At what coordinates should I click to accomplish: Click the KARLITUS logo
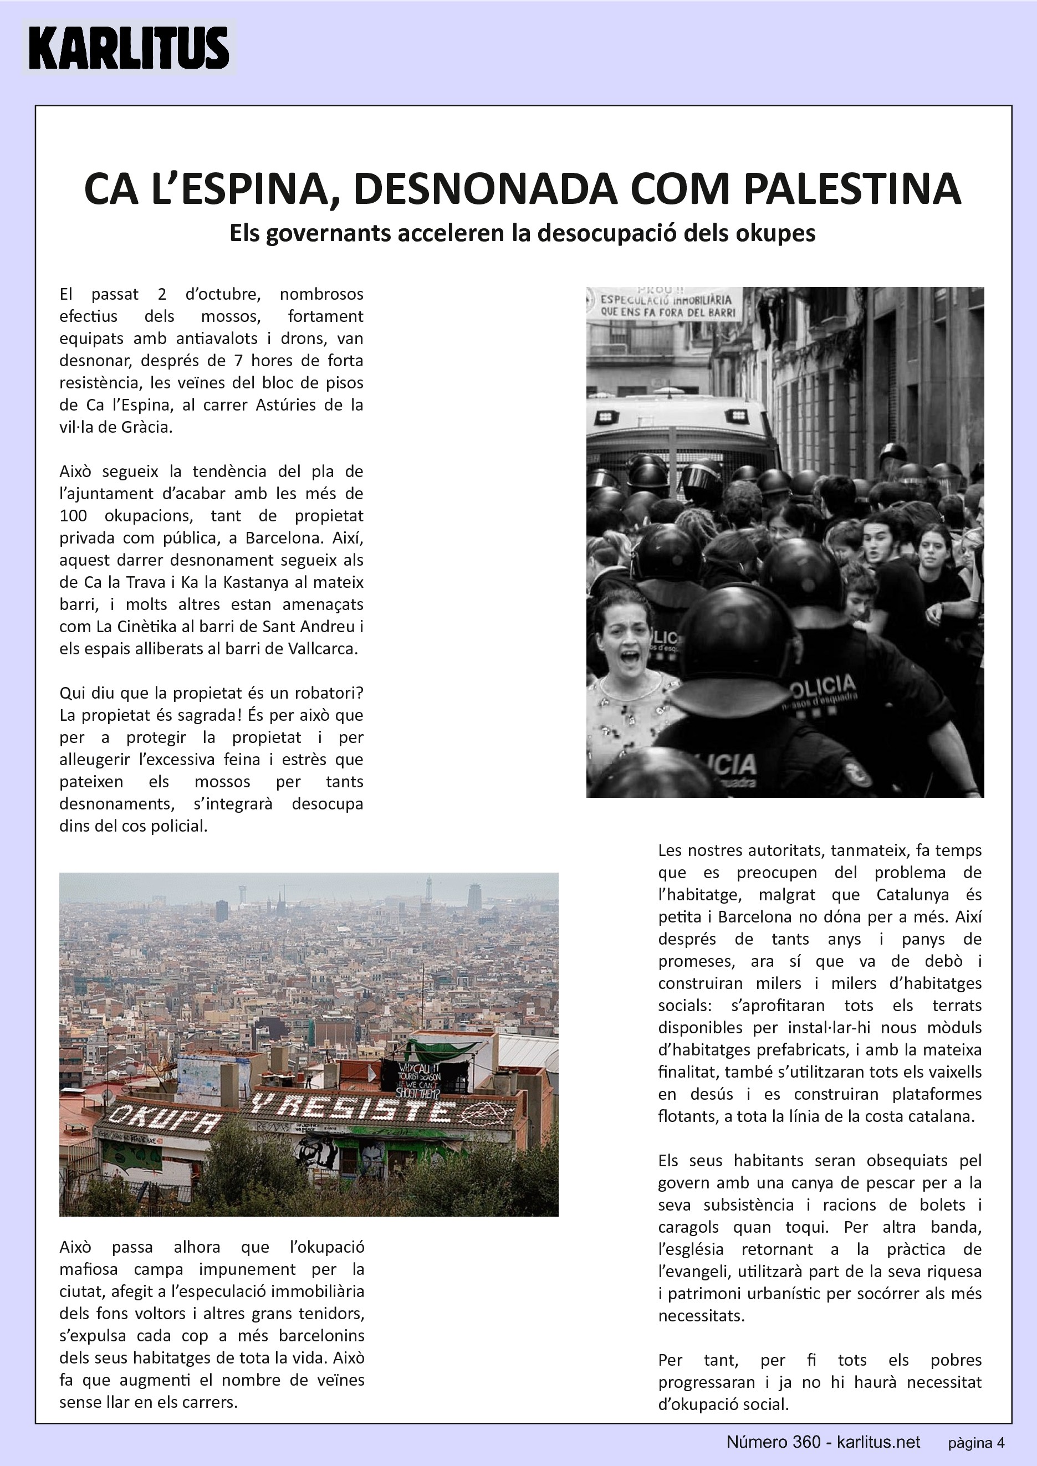(x=129, y=48)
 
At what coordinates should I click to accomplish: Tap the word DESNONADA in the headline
(x=484, y=189)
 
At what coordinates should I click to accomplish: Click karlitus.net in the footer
(x=878, y=1442)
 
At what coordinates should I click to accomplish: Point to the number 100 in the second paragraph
(x=73, y=516)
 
